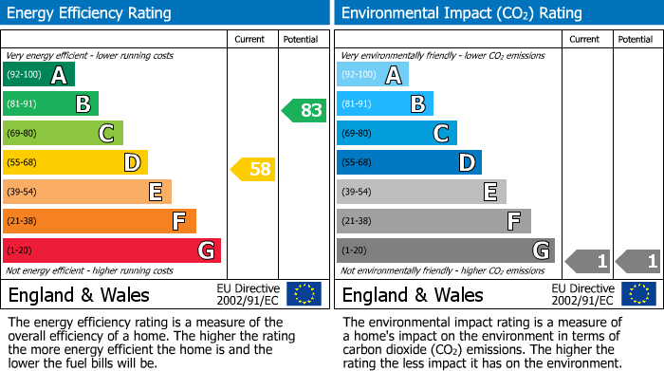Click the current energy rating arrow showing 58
[253, 170]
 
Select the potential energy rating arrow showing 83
[304, 110]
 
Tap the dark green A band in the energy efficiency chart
[39, 75]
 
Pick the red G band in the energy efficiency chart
[112, 250]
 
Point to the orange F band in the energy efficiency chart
[100, 221]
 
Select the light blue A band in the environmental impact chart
[373, 75]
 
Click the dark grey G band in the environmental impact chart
[446, 250]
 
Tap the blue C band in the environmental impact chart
[397, 133]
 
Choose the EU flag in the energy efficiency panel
[304, 293]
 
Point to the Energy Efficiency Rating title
[90, 13]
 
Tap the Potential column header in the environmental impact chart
[636, 39]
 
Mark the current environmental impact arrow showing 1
[587, 260]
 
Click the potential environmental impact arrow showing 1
[637, 260]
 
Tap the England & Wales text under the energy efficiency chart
[78, 294]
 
